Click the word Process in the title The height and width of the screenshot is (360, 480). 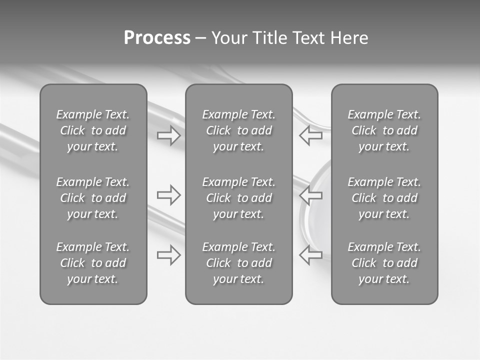point(157,38)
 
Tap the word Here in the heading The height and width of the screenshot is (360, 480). point(349,38)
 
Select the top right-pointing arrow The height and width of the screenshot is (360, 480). point(169,135)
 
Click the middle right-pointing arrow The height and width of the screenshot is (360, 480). point(169,194)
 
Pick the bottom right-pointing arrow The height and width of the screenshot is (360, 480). point(169,255)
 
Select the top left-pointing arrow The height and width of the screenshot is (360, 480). point(310,135)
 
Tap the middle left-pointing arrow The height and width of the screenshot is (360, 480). point(310,194)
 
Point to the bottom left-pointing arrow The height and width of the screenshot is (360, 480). point(310,255)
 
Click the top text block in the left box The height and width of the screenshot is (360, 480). point(93,130)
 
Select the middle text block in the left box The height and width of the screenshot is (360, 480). point(93,198)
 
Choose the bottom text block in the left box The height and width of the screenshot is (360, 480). point(93,263)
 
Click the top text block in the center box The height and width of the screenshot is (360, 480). point(239,130)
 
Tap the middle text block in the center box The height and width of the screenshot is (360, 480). point(239,198)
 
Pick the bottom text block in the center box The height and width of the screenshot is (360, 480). point(239,263)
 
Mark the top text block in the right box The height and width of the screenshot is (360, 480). point(384,130)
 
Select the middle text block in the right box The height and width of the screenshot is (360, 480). point(384,198)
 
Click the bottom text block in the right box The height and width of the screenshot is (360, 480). point(384,263)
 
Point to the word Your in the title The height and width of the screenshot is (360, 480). point(229,38)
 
